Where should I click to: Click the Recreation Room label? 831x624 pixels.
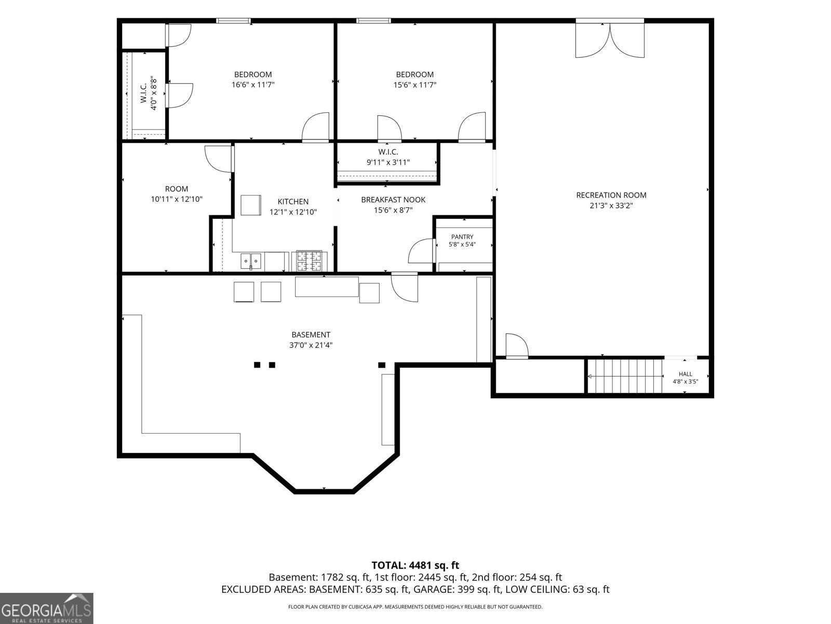[611, 195]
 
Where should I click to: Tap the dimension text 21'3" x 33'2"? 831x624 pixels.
[611, 206]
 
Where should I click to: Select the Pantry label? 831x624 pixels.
[462, 237]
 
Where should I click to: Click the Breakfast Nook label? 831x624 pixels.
[393, 200]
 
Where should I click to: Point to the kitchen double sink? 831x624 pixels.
[251, 261]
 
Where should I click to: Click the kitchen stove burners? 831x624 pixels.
[309, 261]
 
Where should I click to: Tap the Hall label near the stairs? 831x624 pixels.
[685, 374]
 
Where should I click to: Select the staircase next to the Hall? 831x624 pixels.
[625, 376]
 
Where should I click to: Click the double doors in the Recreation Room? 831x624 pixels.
[610, 40]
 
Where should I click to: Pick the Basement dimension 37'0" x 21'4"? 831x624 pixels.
[311, 345]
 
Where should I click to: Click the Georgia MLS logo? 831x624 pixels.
[47, 608]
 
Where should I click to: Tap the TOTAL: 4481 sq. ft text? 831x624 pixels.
[415, 565]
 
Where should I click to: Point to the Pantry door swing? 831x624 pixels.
[421, 251]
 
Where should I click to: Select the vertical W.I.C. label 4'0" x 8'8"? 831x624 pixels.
[149, 93]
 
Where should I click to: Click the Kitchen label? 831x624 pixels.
[293, 202]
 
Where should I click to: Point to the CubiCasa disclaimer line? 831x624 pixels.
[415, 607]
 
